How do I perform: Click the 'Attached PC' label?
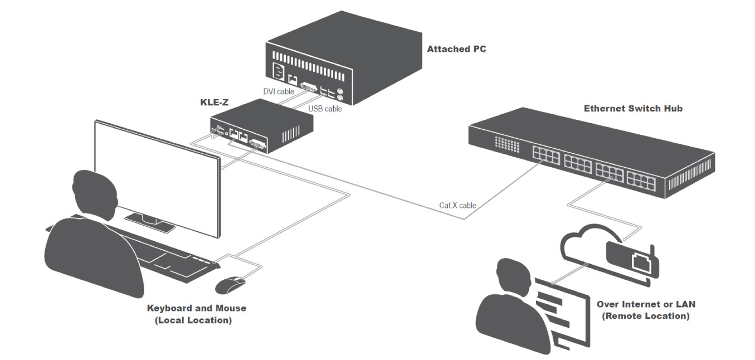point(456,49)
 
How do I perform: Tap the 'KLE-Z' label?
point(215,103)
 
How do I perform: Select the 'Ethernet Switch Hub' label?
point(633,109)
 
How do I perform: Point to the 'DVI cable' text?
point(279,91)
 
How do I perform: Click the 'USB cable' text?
point(325,109)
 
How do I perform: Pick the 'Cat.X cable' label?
point(457,205)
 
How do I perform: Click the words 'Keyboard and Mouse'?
point(196,308)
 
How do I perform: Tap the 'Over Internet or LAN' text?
point(646,304)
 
